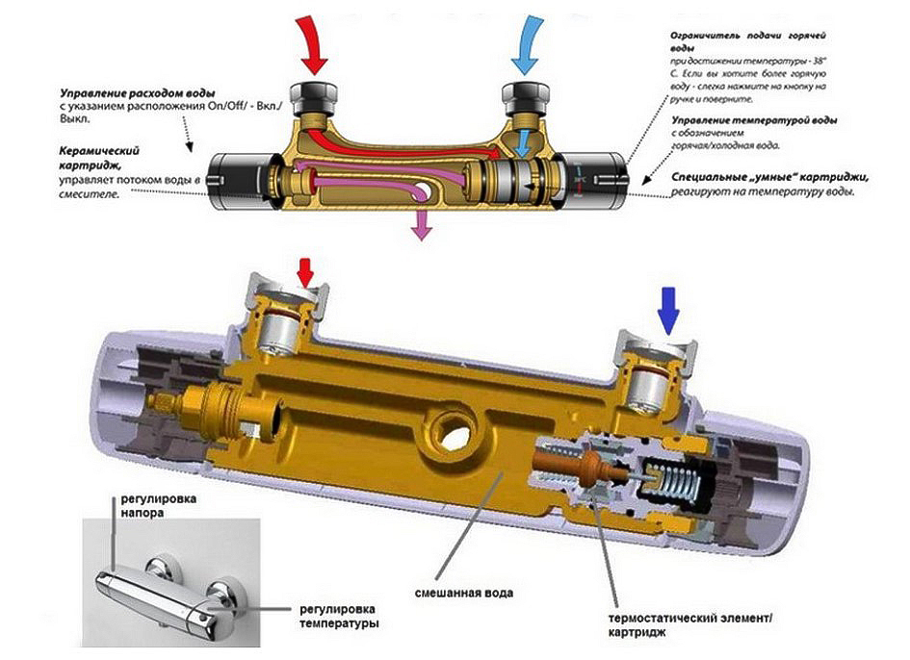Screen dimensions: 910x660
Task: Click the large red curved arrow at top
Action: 313,45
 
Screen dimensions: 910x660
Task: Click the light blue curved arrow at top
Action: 527,45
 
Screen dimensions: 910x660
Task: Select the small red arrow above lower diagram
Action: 304,271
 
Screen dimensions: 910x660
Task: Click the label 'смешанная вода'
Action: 464,594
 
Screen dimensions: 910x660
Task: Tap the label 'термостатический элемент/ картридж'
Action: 690,625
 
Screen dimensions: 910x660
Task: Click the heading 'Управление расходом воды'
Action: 138,93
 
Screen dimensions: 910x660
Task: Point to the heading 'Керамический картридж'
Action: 99,158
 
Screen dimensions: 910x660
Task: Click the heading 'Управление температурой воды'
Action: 754,120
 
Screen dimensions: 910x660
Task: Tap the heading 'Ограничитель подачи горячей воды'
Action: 748,42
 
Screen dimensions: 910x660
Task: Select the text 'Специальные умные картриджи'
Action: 773,177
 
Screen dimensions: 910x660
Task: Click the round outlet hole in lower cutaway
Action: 455,430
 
